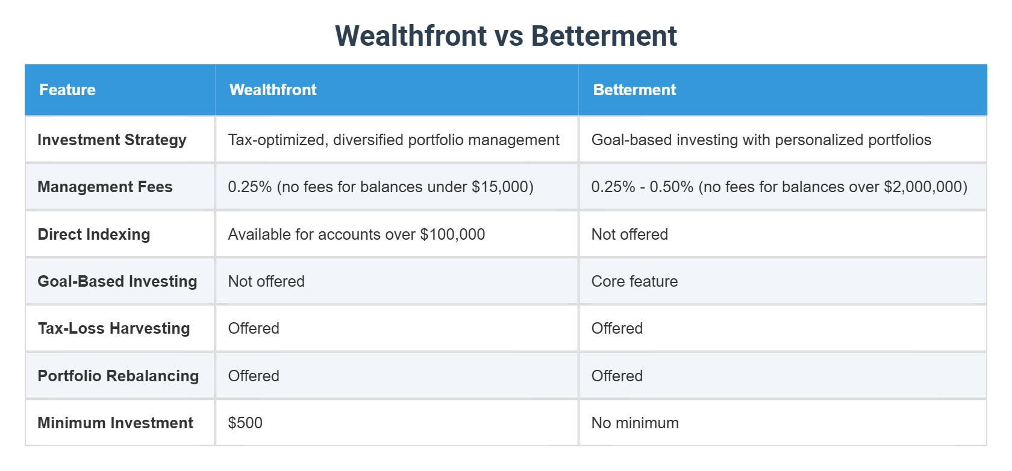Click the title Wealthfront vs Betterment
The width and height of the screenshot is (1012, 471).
coord(506,36)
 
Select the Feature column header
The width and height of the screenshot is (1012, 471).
coord(67,90)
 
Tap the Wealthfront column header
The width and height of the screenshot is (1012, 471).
coord(273,90)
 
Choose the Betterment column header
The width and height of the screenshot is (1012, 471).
coord(634,90)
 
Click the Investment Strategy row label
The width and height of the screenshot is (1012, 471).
coord(112,140)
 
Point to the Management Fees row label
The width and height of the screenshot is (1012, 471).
coord(105,187)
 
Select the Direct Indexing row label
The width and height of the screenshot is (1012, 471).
coord(94,234)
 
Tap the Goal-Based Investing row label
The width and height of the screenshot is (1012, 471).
coord(117,281)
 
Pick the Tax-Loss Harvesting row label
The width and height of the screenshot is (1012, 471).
coord(114,328)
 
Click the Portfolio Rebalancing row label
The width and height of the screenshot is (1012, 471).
coord(118,376)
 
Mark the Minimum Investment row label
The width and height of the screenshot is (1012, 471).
coord(116,423)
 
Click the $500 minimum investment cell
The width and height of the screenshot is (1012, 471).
coord(245,423)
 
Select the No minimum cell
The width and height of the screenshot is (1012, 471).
coord(635,423)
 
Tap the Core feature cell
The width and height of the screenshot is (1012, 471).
coord(634,281)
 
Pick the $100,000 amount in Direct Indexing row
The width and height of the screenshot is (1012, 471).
coord(452,234)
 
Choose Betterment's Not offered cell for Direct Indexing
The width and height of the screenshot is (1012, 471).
coord(629,234)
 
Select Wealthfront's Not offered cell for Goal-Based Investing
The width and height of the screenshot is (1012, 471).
coord(266,281)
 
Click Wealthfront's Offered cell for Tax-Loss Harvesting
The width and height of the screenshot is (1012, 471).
coord(254,328)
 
